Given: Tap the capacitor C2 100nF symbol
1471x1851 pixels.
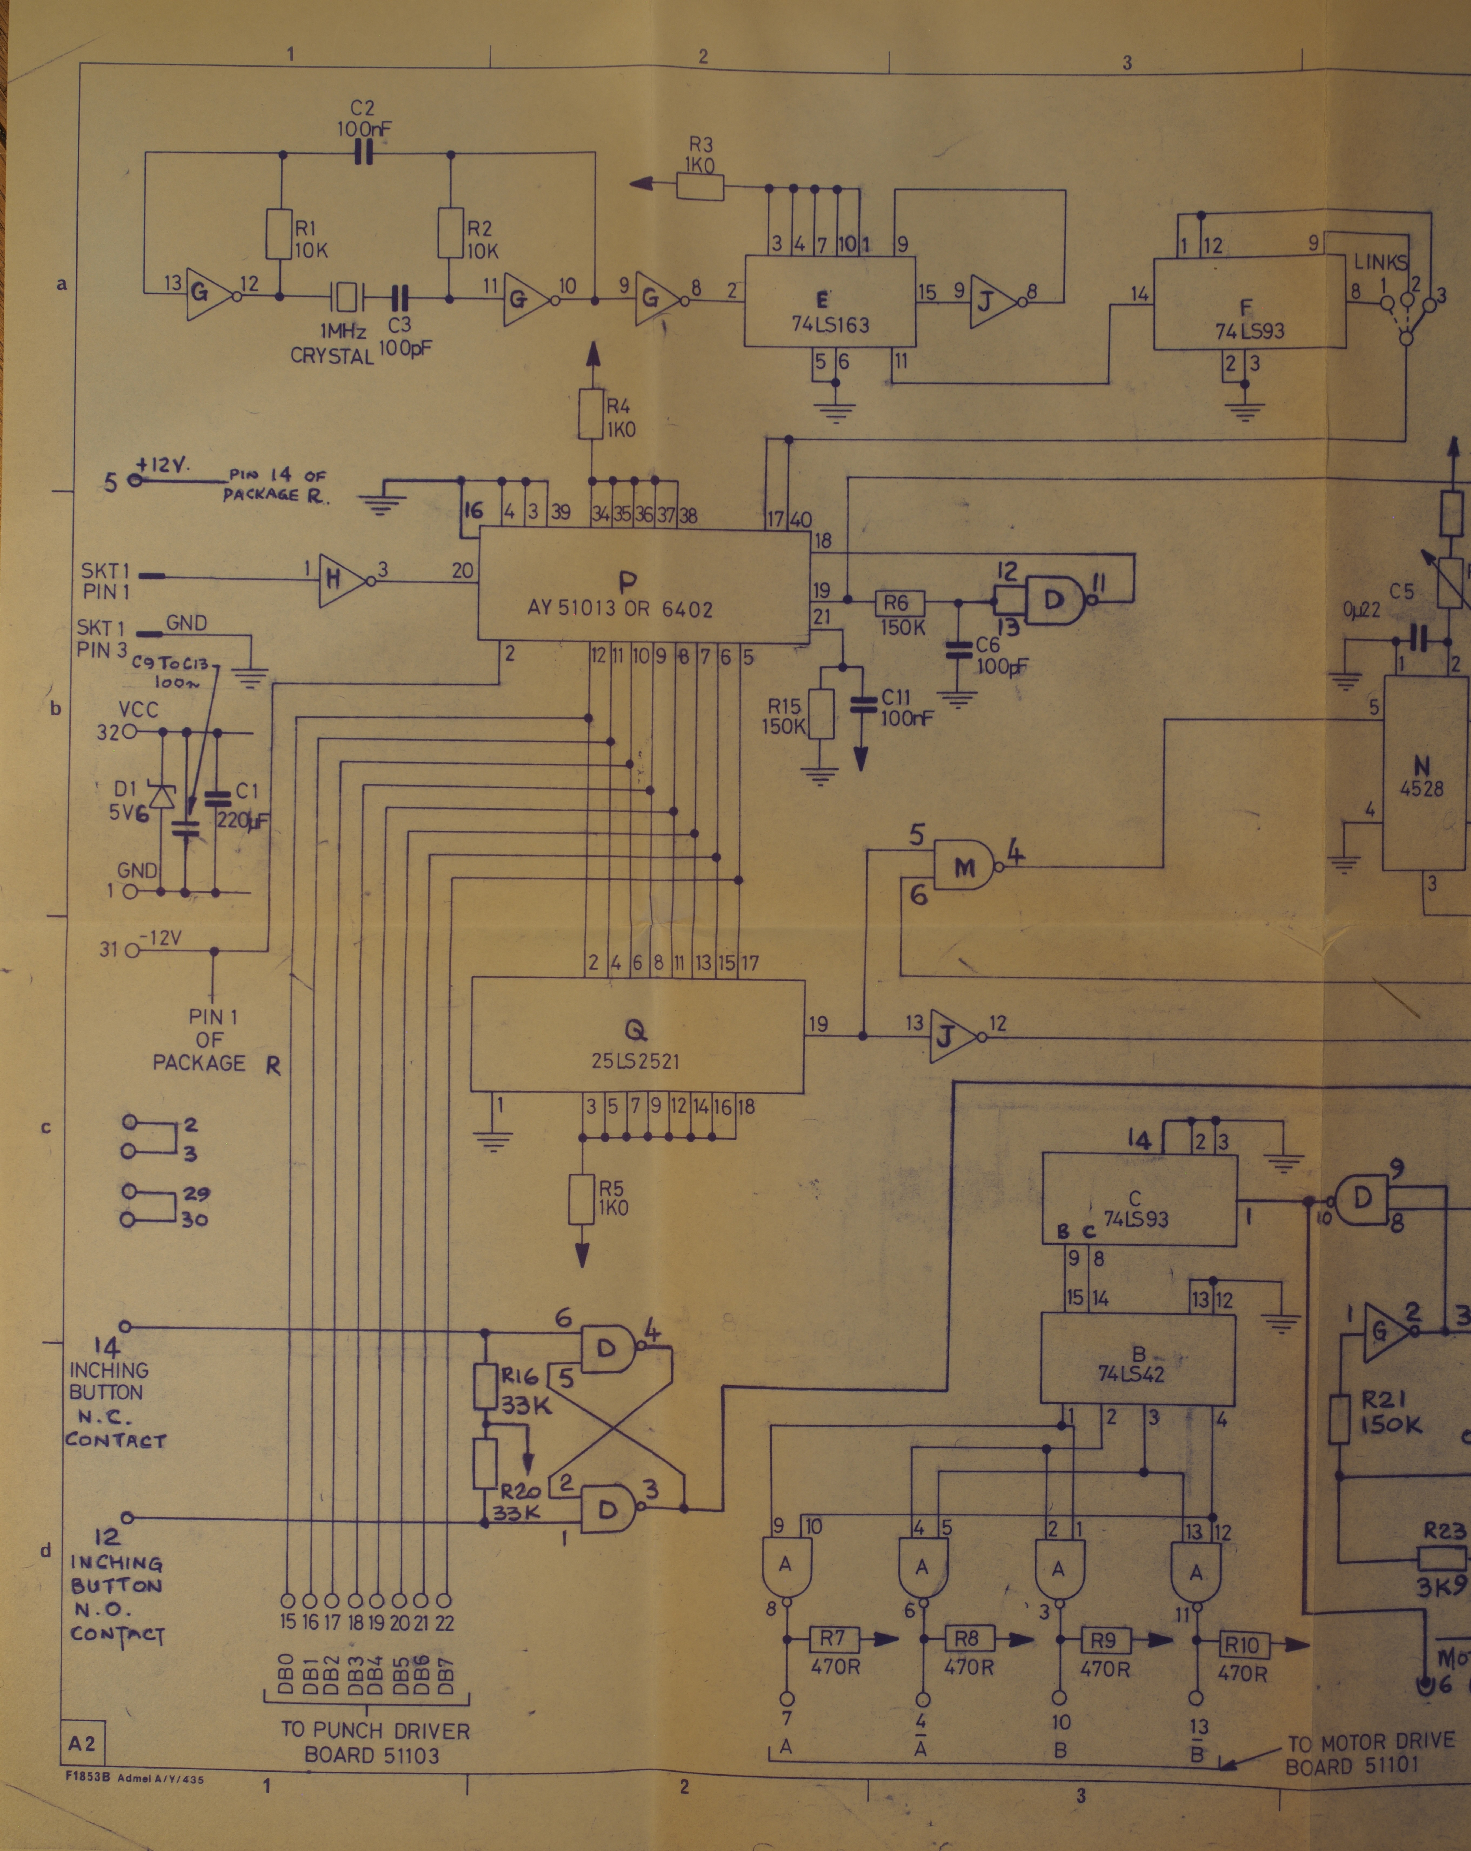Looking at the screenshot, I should point(365,155).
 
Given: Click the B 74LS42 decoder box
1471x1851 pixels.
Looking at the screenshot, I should point(1138,1359).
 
